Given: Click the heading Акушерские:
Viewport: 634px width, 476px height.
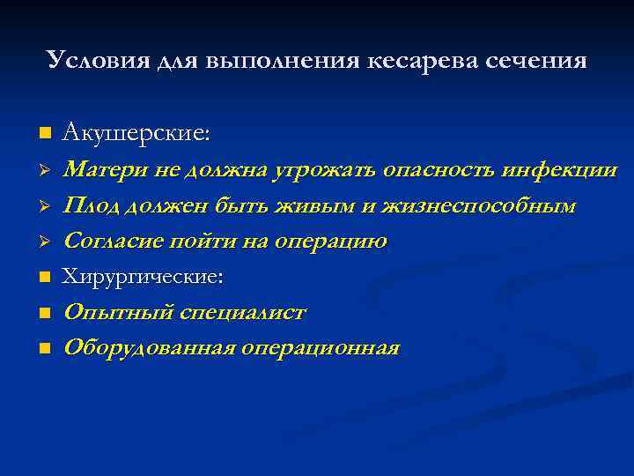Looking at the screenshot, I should pos(136,133).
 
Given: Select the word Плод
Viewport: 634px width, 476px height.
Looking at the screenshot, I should pos(91,206).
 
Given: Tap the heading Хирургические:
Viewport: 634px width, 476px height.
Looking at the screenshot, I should pos(144,277).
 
